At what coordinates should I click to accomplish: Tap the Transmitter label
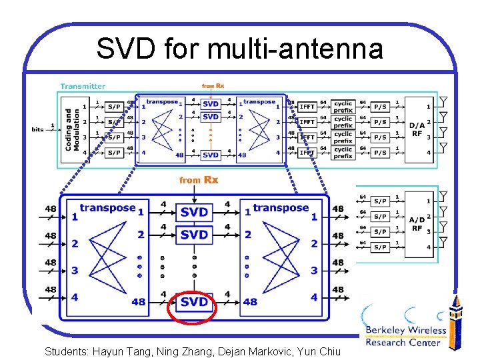coord(83,86)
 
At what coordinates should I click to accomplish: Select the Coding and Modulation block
coord(69,129)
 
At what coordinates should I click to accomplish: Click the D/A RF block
coord(417,129)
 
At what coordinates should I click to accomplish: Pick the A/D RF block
coord(417,223)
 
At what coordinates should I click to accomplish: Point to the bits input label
coord(38,129)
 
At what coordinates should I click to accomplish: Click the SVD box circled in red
coord(194,302)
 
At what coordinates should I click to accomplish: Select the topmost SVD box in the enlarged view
coord(194,212)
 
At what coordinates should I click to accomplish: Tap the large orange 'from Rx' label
coord(199,180)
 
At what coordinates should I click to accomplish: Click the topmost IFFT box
coord(307,106)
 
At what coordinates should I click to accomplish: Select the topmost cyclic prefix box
coord(343,106)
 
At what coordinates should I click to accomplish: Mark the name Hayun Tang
coord(120,351)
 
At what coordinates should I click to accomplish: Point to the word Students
coord(65,351)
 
